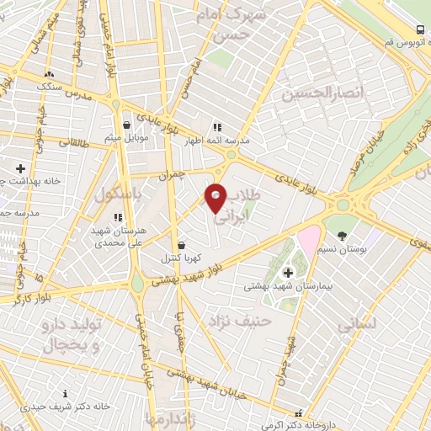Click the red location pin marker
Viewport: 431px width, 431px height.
(x=216, y=198)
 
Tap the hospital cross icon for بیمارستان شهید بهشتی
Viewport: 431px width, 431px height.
(x=289, y=272)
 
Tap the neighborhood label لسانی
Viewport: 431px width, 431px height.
(x=356, y=324)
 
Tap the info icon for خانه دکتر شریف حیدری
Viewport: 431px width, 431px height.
(x=66, y=393)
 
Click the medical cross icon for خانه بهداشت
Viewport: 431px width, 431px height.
(x=20, y=169)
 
